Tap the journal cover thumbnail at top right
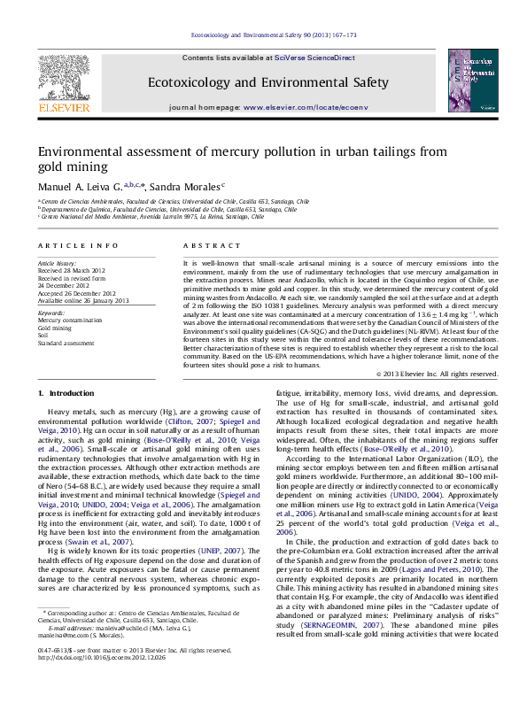[471, 81]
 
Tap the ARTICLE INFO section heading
[78, 244]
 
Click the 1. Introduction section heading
[66, 392]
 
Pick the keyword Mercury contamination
[69, 321]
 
